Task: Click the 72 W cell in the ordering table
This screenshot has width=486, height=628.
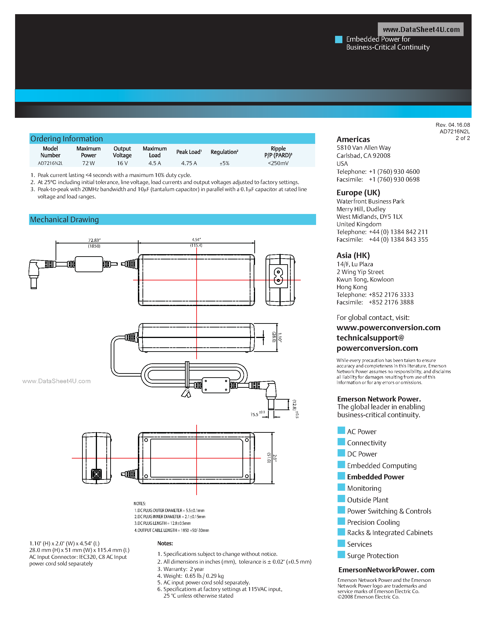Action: (88, 163)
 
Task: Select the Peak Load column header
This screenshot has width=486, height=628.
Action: (189, 152)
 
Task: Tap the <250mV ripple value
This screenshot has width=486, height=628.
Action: (278, 163)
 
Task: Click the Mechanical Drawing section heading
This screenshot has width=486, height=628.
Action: (64, 220)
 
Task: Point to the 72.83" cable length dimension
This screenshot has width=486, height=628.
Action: (94, 240)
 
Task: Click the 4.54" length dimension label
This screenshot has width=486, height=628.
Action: (196, 240)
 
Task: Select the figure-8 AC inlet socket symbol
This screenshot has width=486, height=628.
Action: (278, 276)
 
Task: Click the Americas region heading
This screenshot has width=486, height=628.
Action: (353, 140)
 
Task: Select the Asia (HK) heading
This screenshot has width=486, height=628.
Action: (353, 255)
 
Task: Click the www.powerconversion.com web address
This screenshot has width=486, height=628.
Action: (388, 327)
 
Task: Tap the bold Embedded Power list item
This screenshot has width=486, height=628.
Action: (376, 477)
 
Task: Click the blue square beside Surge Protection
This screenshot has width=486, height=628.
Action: (341, 554)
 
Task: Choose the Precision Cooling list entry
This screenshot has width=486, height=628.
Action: (373, 522)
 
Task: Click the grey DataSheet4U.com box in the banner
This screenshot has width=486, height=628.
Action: (421, 29)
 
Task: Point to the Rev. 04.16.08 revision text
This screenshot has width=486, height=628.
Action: (453, 125)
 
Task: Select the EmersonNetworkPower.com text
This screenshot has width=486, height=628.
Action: (386, 570)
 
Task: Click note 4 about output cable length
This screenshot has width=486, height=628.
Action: (172, 530)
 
